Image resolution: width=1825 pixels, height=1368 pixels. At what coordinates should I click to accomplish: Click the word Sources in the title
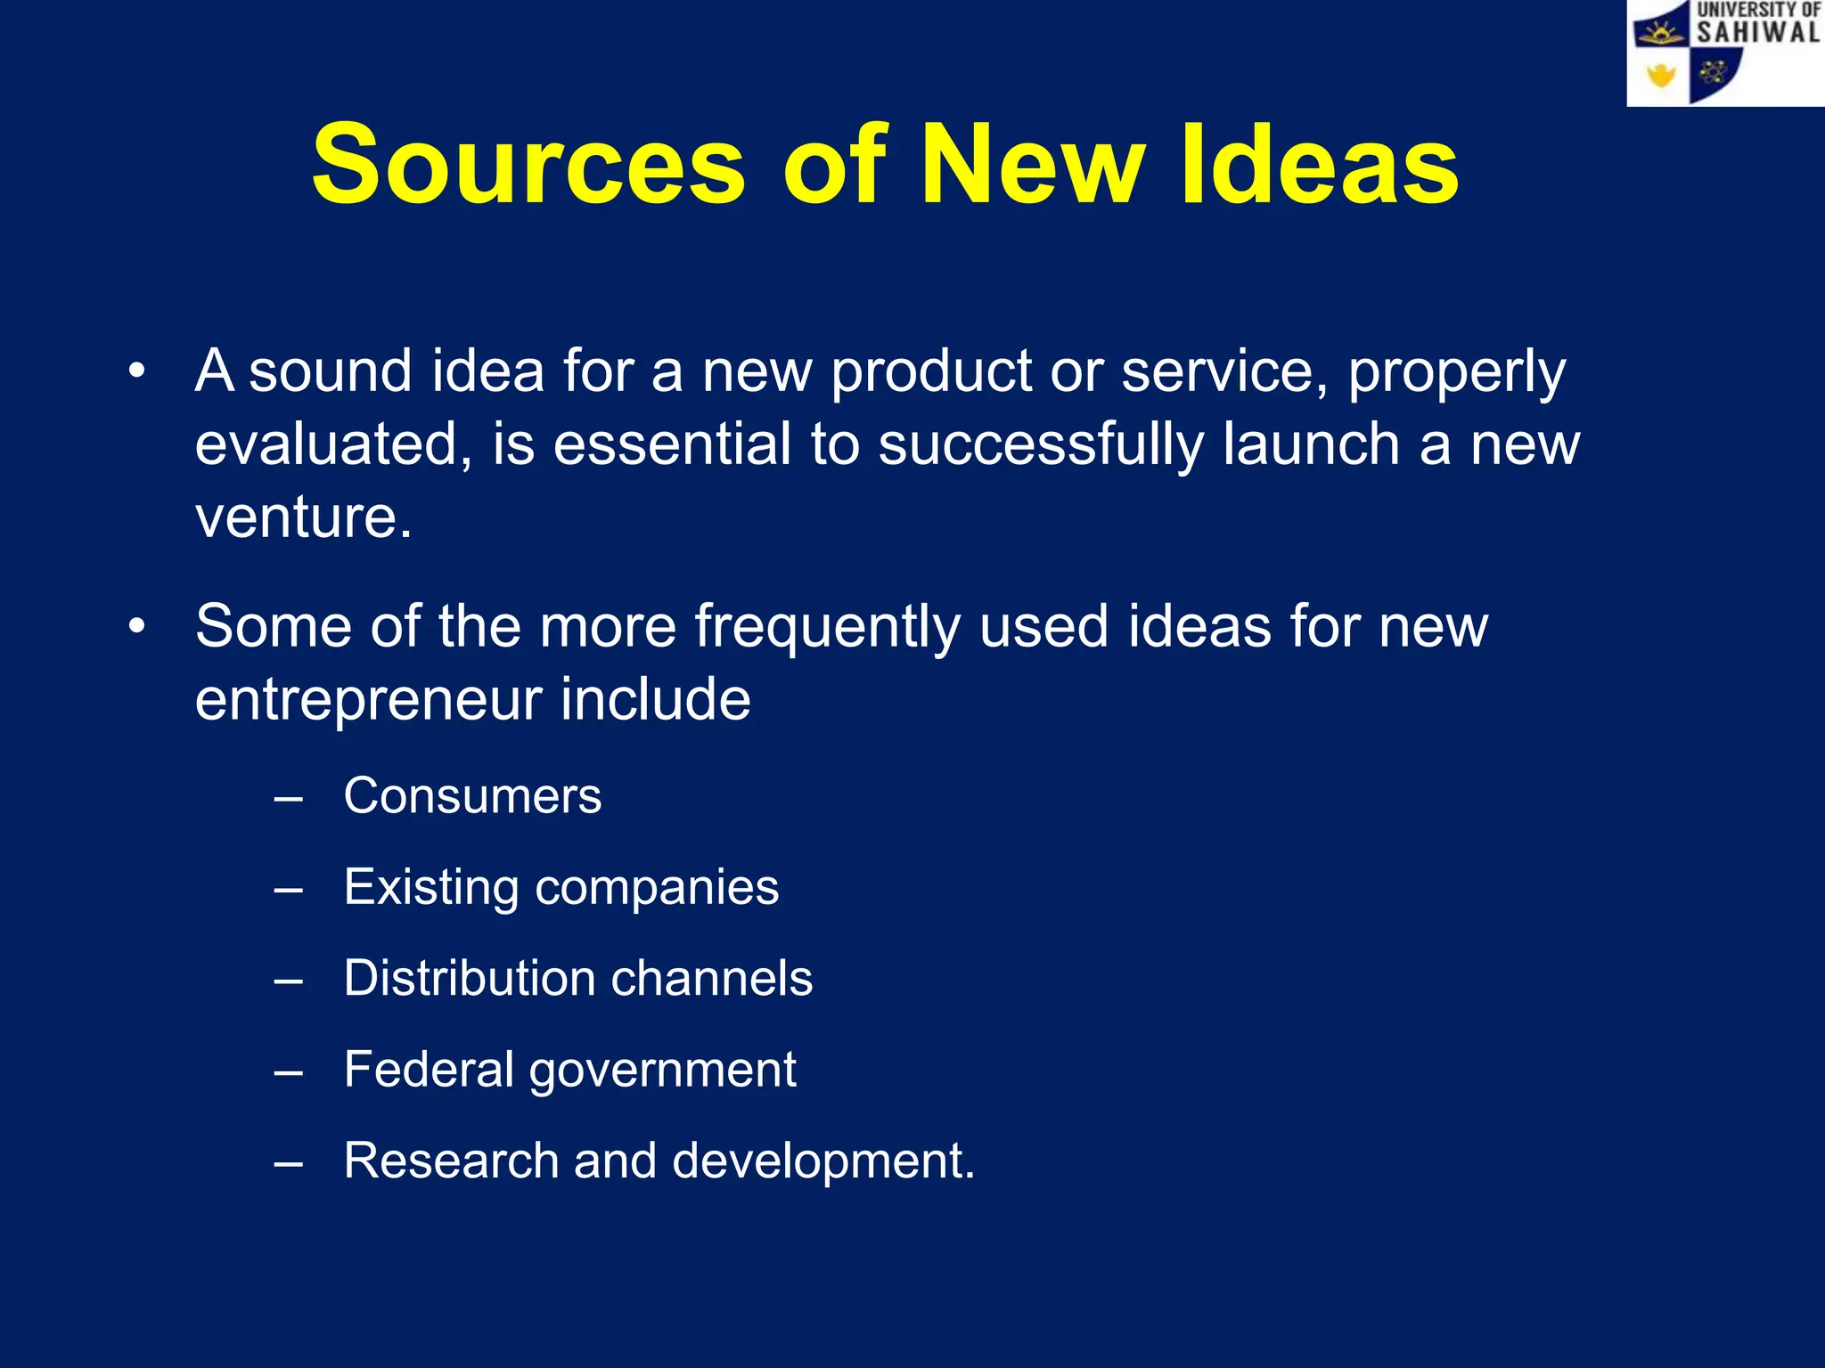pyautogui.click(x=528, y=165)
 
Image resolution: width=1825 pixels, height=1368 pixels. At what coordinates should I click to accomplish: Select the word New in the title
pyautogui.click(x=1032, y=165)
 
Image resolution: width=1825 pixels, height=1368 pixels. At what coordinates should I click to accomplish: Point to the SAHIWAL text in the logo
pyautogui.click(x=1757, y=33)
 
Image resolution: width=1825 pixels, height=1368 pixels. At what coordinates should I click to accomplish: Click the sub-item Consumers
pyautogui.click(x=472, y=795)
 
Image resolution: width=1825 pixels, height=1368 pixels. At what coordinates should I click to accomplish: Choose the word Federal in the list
pyautogui.click(x=429, y=1069)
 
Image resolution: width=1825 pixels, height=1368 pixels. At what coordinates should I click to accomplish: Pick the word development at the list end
pyautogui.click(x=823, y=1161)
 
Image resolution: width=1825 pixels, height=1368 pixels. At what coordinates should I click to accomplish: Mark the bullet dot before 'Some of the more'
pyautogui.click(x=135, y=626)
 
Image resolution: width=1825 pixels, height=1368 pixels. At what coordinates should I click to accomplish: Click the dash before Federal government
pyautogui.click(x=289, y=1072)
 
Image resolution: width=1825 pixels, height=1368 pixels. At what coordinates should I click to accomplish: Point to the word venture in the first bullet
pyautogui.click(x=303, y=517)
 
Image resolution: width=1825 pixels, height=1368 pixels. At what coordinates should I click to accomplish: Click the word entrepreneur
pyautogui.click(x=368, y=700)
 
